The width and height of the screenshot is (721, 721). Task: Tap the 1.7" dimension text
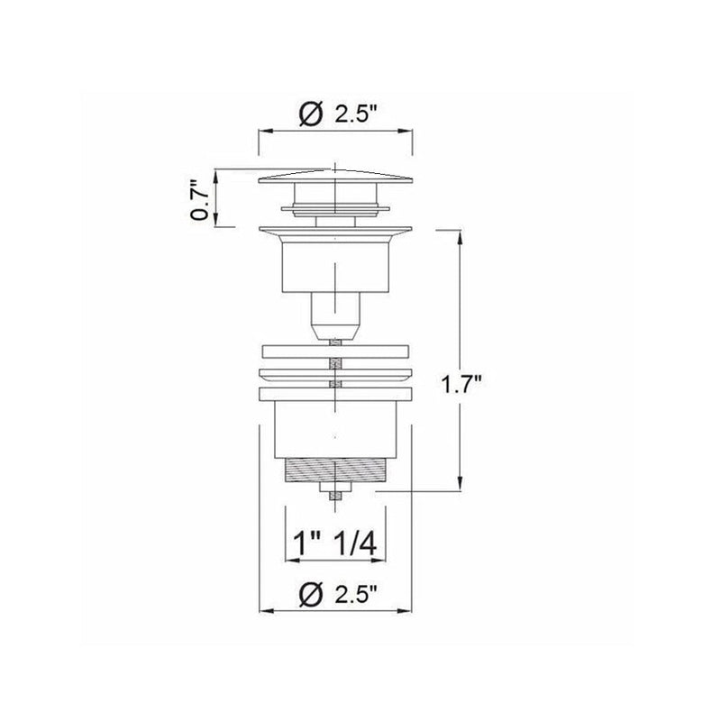tap(462, 386)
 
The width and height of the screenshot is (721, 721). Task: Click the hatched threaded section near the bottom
tap(335, 471)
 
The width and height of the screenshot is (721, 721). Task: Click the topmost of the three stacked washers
tap(334, 352)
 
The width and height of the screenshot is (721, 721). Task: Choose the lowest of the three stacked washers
tap(334, 394)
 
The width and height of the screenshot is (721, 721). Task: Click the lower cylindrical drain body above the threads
tap(334, 428)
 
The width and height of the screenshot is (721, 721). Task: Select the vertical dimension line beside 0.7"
tap(217, 200)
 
